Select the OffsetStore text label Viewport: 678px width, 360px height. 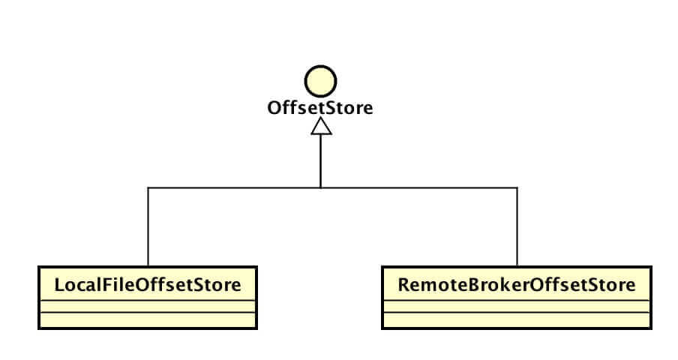pyautogui.click(x=320, y=109)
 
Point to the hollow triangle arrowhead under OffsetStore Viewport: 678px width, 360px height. pyautogui.click(x=321, y=127)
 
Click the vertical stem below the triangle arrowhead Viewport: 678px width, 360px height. pyautogui.click(x=321, y=161)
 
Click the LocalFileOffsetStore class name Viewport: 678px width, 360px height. pyautogui.click(x=148, y=285)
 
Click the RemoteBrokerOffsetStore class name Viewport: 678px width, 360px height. pyautogui.click(x=517, y=285)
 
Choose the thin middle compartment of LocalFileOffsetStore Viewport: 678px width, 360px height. pyautogui.click(x=148, y=306)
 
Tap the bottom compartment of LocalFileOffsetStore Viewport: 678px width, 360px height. pyautogui.click(x=148, y=320)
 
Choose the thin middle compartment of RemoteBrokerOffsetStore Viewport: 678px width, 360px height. pyautogui.click(x=517, y=306)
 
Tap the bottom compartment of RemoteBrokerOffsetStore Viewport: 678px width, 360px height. pyautogui.click(x=517, y=320)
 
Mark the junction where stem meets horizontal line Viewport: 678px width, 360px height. pyautogui.click(x=321, y=187)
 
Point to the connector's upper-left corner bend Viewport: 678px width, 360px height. pyautogui.click(x=148, y=187)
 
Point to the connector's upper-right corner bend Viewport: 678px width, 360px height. pyautogui.click(x=517, y=187)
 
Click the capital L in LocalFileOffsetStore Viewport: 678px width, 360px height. pyautogui.click(x=59, y=285)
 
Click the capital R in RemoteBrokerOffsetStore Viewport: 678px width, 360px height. pyautogui.click(x=403, y=285)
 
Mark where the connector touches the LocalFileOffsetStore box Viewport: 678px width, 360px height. pyautogui.click(x=148, y=266)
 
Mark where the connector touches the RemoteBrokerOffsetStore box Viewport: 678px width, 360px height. pyautogui.click(x=517, y=266)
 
